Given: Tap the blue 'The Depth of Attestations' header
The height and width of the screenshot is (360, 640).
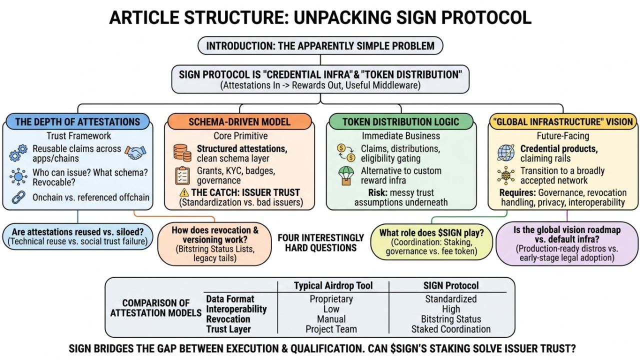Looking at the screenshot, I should click(77, 121).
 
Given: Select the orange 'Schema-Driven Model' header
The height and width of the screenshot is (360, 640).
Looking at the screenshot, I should click(239, 121).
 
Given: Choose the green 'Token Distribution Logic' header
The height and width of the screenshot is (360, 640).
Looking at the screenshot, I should click(400, 121).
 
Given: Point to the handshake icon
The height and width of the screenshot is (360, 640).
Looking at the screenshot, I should click(135, 152).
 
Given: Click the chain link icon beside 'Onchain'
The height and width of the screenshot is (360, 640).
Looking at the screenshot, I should click(19, 197).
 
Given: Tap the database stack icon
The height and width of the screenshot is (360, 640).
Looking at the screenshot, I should click(182, 152).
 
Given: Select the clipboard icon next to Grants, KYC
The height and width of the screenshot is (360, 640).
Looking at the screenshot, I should click(182, 175).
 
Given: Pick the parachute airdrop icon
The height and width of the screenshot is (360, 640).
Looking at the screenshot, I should click(345, 175).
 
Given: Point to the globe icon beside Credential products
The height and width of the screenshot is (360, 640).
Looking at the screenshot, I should click(506, 152).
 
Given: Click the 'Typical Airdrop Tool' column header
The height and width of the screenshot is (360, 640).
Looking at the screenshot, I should click(332, 286).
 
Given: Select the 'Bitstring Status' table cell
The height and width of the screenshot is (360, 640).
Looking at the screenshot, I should click(450, 319).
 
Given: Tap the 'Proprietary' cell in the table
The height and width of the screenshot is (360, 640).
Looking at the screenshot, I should click(331, 299).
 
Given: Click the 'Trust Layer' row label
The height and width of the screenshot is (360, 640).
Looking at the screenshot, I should click(228, 329).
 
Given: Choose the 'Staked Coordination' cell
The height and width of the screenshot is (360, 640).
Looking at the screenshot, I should click(450, 329).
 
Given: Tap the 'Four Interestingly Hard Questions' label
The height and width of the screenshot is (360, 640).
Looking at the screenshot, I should click(320, 242).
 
